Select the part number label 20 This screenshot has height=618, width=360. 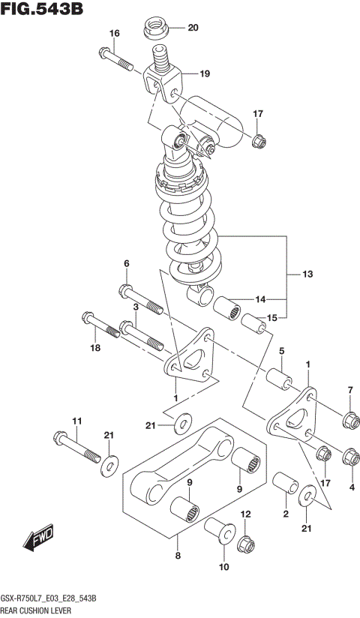[x=193, y=28]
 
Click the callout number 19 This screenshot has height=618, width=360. [x=205, y=73]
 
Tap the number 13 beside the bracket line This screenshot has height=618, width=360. [x=308, y=274]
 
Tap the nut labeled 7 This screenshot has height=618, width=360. [x=349, y=420]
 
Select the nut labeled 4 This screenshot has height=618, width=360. [x=349, y=456]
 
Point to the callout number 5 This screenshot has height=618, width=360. [x=282, y=350]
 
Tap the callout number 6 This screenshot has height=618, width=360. [x=126, y=263]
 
